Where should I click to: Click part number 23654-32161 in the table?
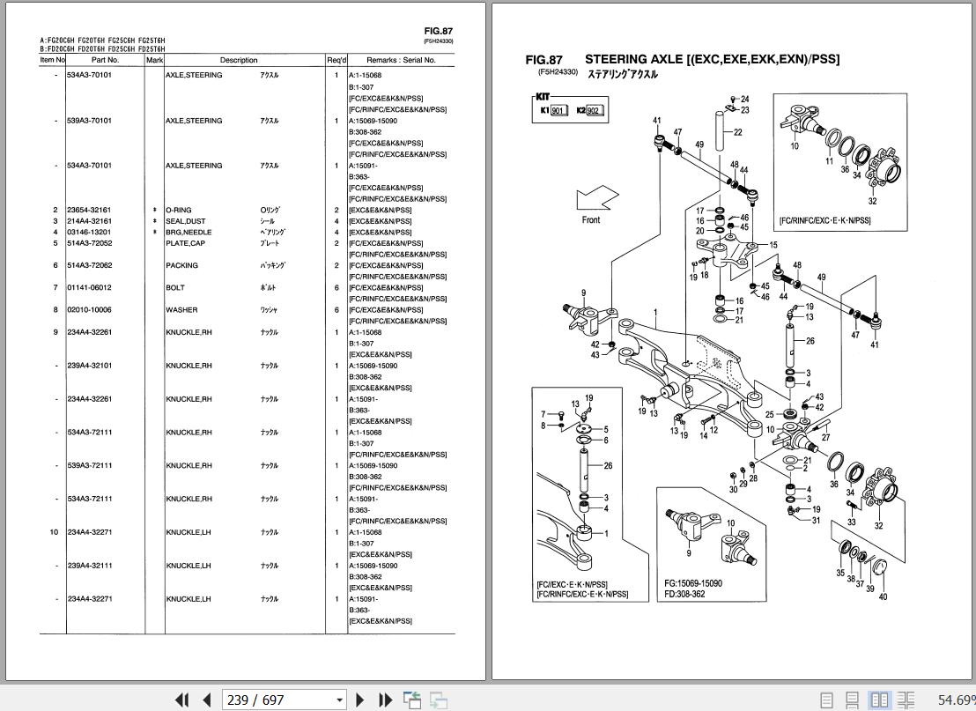point(89,211)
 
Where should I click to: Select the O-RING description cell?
point(179,211)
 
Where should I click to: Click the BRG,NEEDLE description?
point(189,233)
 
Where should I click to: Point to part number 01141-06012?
point(89,288)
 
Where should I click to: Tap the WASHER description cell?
point(181,310)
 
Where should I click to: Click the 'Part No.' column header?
point(105,60)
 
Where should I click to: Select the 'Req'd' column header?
point(336,60)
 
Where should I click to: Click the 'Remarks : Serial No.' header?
point(401,60)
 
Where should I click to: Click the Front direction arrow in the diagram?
point(596,198)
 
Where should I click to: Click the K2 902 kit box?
point(589,111)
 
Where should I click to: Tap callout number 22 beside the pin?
point(737,132)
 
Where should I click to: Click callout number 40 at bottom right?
point(883,597)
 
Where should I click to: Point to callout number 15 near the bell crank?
point(773,246)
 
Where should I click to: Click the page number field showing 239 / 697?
point(284,700)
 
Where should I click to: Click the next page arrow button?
point(360,700)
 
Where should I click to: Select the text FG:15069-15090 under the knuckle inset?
point(692,583)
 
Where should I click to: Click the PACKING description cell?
point(181,266)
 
